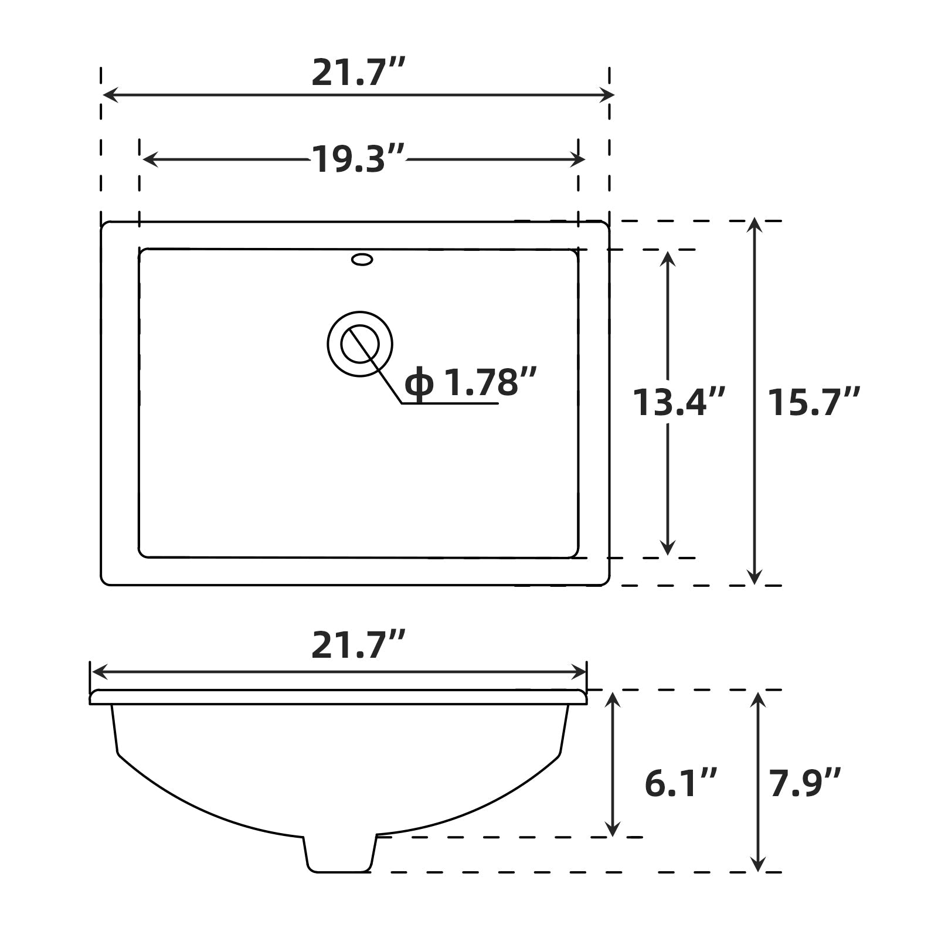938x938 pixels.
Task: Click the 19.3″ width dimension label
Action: [x=358, y=159]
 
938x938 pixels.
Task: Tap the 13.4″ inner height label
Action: [x=678, y=403]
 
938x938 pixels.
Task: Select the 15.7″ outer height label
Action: [x=813, y=403]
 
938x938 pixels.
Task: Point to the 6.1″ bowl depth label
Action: [x=680, y=783]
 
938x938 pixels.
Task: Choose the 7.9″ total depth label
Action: [x=805, y=783]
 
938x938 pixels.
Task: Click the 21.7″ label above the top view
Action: [x=358, y=73]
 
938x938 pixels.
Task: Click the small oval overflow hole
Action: [x=362, y=259]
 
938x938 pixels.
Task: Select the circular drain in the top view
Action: [x=359, y=344]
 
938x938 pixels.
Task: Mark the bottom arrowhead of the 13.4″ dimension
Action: [x=667, y=549]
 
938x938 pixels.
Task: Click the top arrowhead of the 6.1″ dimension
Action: [x=612, y=699]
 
